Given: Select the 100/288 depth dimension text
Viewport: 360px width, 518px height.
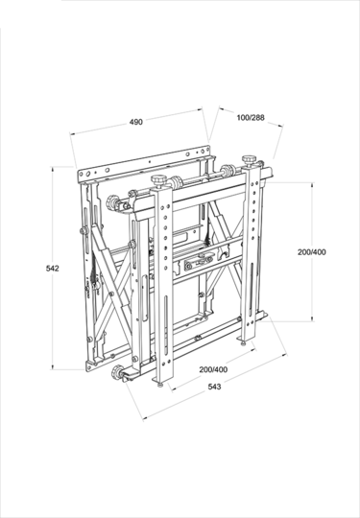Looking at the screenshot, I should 250,117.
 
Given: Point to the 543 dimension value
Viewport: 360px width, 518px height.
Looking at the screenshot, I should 216,387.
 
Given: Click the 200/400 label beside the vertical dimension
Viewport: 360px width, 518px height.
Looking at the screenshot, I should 311,251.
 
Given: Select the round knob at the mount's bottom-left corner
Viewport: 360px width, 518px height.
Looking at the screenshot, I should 120,374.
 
